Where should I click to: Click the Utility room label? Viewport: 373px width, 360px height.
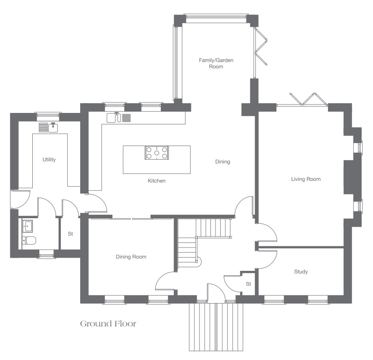pos(49,160)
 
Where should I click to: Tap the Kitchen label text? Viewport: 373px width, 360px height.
pos(157,181)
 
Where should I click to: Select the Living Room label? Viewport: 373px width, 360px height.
pos(306,179)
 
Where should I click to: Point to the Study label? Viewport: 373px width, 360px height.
pos(301,272)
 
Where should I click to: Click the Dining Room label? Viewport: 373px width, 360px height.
pos(131,257)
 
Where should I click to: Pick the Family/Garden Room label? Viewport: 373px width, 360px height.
pos(216,63)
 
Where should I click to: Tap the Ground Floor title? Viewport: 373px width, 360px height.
pos(108,323)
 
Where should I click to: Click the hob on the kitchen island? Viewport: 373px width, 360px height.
pos(157,153)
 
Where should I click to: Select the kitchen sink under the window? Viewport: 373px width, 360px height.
pos(114,118)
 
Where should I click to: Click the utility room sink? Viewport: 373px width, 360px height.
pos(53,127)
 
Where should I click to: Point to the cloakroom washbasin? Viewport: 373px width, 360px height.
pos(28,225)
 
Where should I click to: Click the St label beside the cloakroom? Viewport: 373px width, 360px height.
pos(70,234)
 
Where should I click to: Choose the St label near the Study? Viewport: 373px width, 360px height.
pos(248,284)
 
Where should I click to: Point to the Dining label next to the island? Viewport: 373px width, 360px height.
pos(223,162)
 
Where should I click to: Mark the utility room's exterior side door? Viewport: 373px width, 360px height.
pos(20,200)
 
